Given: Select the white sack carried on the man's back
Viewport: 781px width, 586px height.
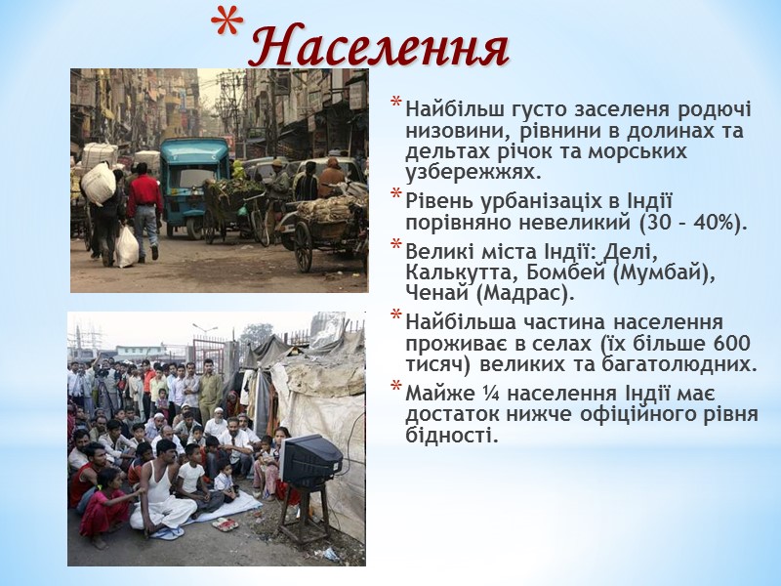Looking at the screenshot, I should tap(98, 184).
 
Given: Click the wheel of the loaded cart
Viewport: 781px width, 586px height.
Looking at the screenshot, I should tap(304, 247).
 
